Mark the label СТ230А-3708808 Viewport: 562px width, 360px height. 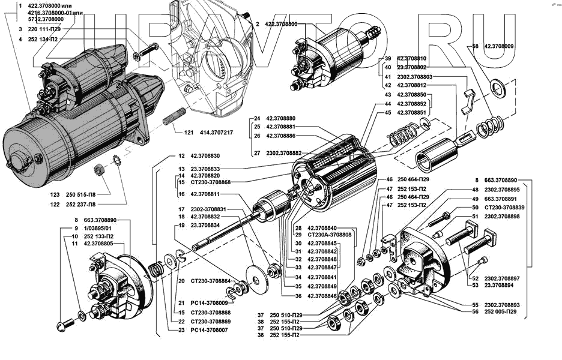coord(330,235)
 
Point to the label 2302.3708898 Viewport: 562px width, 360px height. coord(502,217)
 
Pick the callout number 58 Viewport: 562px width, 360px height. coord(475,46)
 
